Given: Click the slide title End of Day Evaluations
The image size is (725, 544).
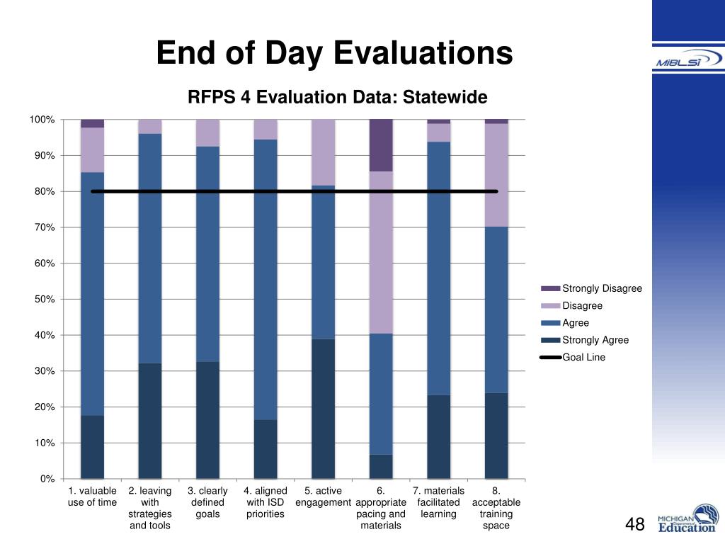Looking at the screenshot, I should tap(334, 53).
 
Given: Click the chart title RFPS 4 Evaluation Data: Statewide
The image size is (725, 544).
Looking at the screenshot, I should tap(337, 97).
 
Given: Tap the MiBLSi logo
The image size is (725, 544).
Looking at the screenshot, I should tap(687, 61).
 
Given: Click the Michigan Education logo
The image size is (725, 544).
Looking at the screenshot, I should tap(687, 518).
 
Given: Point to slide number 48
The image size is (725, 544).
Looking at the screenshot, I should tap(635, 525).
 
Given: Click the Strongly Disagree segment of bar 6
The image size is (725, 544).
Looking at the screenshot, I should tap(381, 145).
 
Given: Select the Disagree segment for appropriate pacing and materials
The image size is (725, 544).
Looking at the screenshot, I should tap(381, 252).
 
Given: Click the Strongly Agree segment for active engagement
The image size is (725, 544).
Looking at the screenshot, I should tap(323, 409).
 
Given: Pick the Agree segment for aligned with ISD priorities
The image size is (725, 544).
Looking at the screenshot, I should tap(266, 279).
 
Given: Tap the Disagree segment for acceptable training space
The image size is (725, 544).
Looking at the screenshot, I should tap(496, 175).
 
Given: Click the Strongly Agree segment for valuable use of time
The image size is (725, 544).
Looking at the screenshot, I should tap(92, 447).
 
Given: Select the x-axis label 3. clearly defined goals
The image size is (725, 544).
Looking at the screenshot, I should tap(207, 502).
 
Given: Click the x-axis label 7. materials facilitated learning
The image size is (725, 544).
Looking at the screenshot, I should tap(438, 502).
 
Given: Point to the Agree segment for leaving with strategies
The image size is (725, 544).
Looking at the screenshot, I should tap(150, 248).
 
